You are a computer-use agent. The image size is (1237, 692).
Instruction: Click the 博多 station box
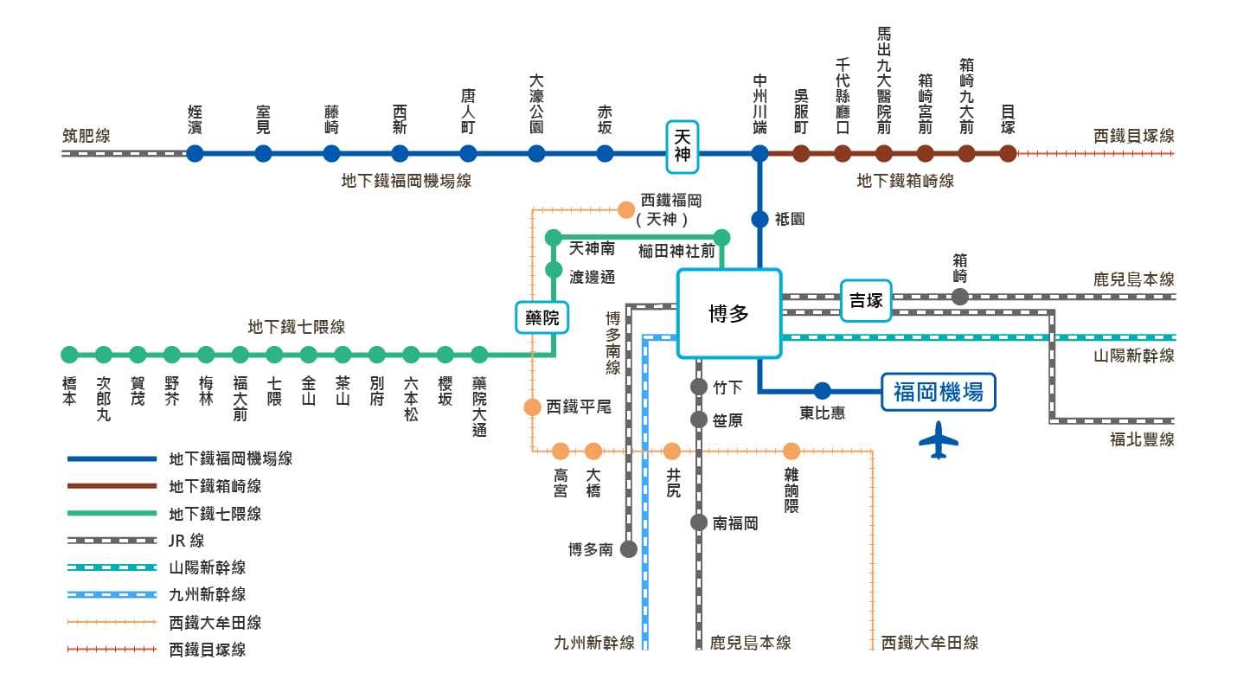click(x=728, y=313)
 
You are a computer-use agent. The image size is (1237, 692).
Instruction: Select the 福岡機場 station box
click(x=938, y=392)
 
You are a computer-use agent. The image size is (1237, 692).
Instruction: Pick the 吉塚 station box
click(x=866, y=300)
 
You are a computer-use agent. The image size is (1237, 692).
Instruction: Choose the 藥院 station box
click(x=542, y=317)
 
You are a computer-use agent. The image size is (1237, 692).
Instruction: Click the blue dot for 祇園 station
click(x=760, y=220)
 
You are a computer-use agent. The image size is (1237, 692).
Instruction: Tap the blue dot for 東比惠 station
click(x=822, y=391)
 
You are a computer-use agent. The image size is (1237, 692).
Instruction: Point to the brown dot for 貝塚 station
click(x=1008, y=154)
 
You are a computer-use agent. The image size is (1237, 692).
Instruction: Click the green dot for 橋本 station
click(x=69, y=355)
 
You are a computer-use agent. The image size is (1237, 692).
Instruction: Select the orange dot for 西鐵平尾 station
click(x=532, y=407)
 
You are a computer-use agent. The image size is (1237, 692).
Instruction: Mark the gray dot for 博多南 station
click(x=629, y=548)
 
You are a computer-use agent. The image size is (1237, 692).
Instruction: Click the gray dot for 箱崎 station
click(x=959, y=297)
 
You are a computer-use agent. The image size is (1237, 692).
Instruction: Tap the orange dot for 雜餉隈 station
click(x=792, y=451)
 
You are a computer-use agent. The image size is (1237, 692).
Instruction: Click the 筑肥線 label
click(x=87, y=136)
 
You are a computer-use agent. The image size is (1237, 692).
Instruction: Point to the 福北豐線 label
click(x=1142, y=439)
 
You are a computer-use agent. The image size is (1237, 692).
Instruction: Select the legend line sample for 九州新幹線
click(x=112, y=594)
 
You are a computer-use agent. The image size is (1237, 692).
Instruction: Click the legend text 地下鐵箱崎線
click(x=215, y=486)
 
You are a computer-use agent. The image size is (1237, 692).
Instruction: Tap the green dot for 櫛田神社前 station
click(x=721, y=237)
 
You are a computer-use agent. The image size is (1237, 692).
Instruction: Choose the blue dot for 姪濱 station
click(x=195, y=154)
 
